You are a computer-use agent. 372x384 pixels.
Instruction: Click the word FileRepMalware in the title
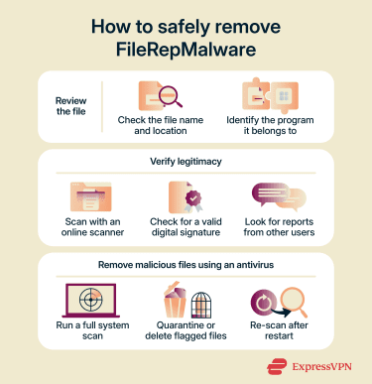point(186,47)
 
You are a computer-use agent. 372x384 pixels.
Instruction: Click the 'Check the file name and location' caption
point(160,127)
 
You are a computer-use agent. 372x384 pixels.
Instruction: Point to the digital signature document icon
point(186,195)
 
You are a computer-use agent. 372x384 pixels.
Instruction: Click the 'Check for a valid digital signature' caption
point(186,227)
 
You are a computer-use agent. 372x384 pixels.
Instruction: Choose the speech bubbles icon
point(287,195)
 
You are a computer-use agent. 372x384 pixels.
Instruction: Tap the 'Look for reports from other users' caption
point(287,227)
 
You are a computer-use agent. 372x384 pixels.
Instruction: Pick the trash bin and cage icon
point(186,301)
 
